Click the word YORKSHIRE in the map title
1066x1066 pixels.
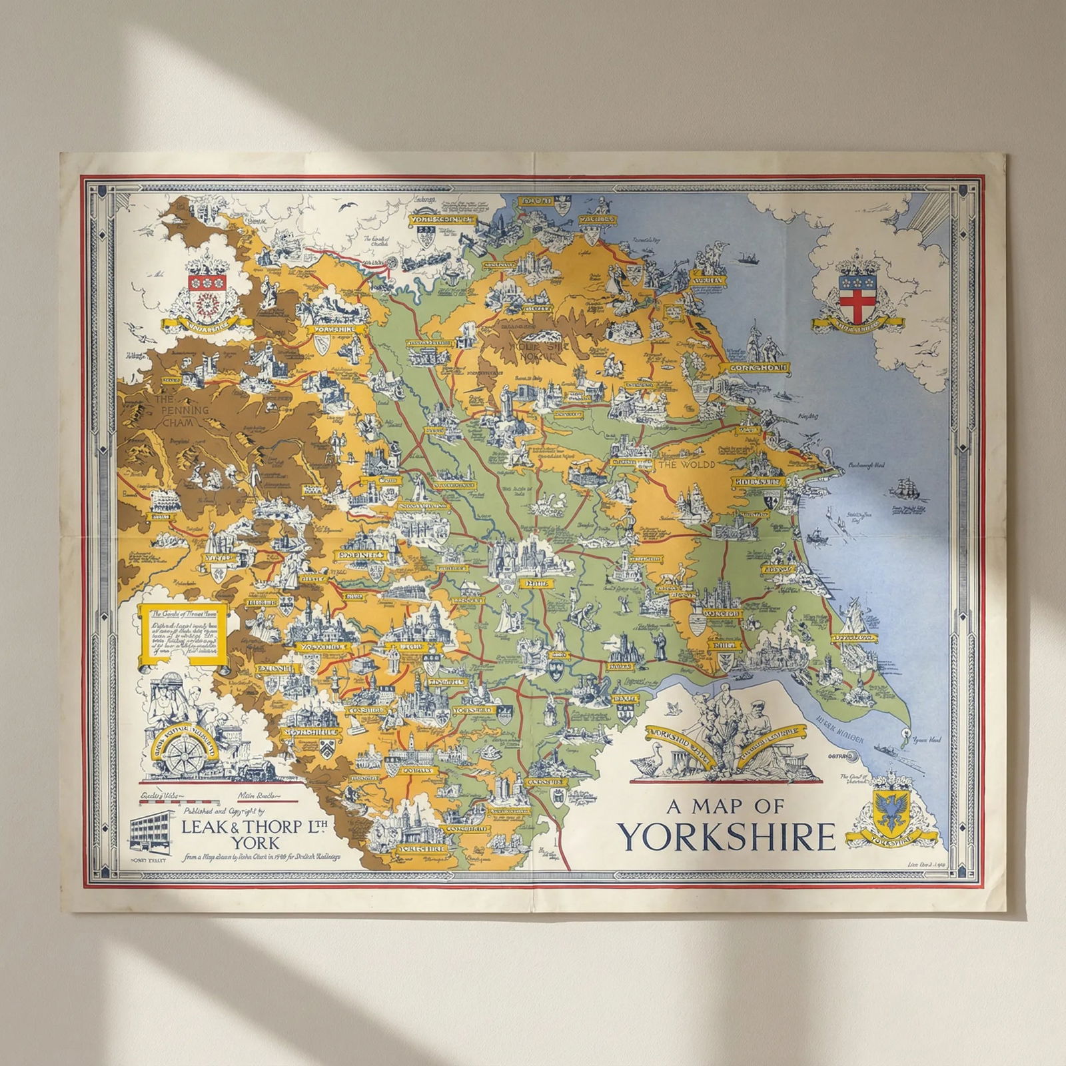pyautogui.click(x=726, y=837)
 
